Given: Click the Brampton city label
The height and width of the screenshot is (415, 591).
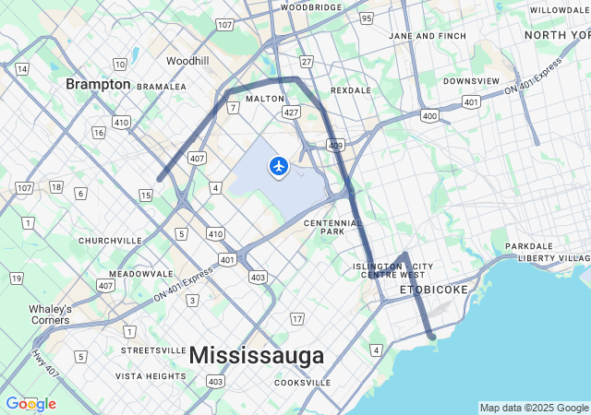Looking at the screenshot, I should tap(98, 84).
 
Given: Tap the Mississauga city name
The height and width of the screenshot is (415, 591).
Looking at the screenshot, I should tap(257, 355).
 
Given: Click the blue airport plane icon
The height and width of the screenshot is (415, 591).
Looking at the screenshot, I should tap(278, 166).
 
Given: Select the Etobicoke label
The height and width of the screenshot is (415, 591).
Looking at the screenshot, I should tap(434, 290).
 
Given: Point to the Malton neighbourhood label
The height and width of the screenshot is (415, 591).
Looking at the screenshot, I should tap(265, 98).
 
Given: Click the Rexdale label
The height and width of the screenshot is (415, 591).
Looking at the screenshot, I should tap(351, 90).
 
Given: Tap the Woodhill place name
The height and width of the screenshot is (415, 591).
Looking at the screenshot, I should tap(187, 61).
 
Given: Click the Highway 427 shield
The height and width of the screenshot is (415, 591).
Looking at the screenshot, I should tap(292, 112).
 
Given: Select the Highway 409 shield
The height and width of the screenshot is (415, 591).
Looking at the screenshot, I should tap(335, 145).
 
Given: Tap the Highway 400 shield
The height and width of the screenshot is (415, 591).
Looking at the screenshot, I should tap(428, 115).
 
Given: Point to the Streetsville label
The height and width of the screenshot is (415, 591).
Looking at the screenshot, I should tap(153, 350).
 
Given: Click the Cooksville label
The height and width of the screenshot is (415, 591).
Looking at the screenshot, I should tap(303, 383).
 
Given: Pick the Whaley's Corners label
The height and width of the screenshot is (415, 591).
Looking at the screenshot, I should tap(50, 314).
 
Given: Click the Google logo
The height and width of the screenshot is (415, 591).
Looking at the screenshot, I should tap(30, 404).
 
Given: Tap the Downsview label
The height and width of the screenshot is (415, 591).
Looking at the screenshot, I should tap(471, 81).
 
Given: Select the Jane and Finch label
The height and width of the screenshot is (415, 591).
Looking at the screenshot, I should tap(428, 36).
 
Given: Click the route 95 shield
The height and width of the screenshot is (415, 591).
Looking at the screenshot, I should tap(367, 18).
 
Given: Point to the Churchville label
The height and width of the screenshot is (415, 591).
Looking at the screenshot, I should tap(110, 241).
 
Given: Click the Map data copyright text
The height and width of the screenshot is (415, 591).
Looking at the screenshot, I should tap(534, 408).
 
